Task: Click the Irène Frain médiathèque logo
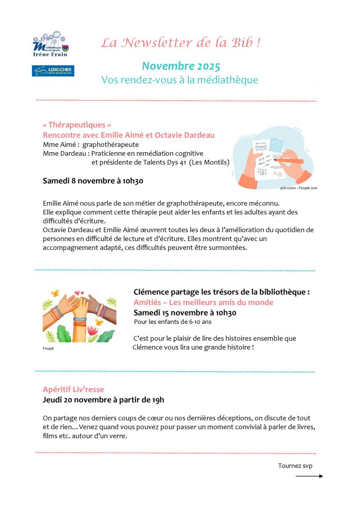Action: (50, 45)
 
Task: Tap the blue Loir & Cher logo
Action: (53, 70)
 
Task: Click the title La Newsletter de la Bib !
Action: (180, 43)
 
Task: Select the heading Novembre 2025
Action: (180, 66)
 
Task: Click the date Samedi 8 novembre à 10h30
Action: (93, 180)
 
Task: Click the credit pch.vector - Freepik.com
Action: (299, 187)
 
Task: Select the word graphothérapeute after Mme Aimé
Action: (111, 144)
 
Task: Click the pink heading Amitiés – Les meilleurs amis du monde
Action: (203, 302)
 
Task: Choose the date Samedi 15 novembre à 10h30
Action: (185, 313)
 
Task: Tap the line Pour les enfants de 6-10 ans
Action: (172, 322)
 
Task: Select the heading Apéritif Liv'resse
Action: (73, 389)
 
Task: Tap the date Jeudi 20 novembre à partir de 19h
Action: (103, 400)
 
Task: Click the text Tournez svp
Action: (295, 466)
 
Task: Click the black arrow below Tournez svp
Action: (309, 476)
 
